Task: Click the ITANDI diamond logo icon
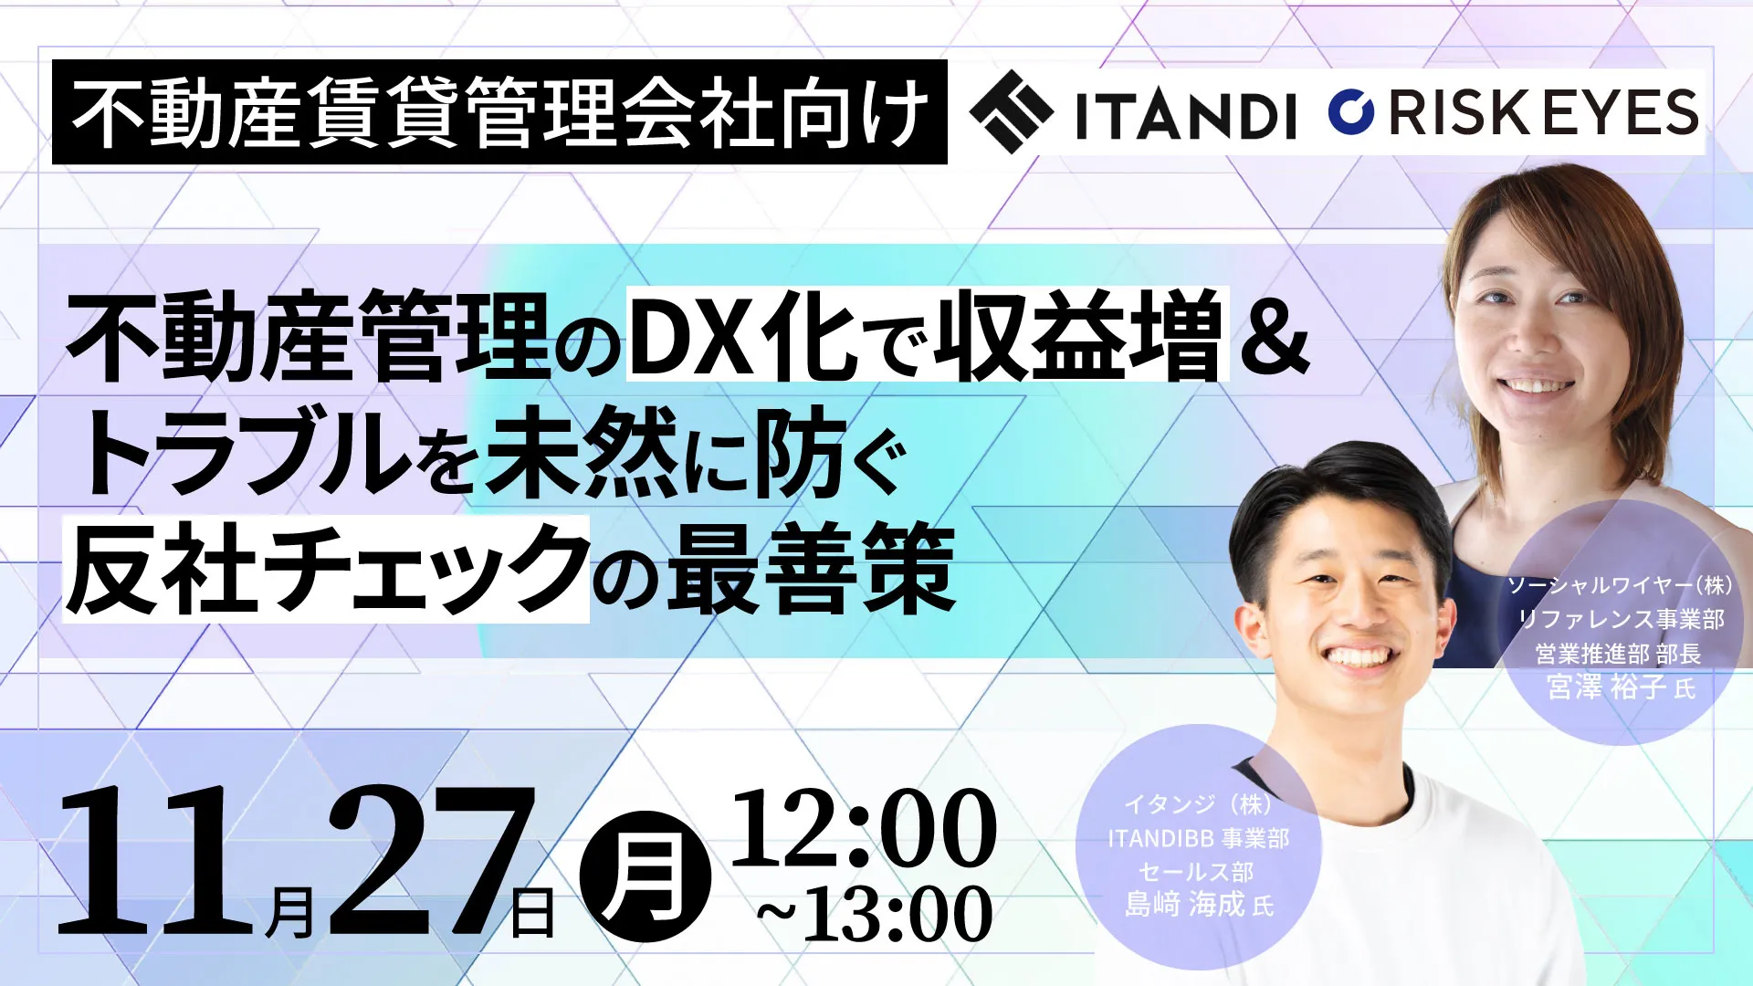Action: pos(1012,111)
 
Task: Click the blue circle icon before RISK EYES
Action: pos(1351,111)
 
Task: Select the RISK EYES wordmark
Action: pos(1543,112)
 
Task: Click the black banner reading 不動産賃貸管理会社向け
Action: pos(499,112)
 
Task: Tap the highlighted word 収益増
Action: pos(1079,334)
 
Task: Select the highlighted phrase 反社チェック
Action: pos(326,569)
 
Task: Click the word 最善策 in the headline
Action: pos(811,569)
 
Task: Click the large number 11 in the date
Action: pos(155,860)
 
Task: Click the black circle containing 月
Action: pos(646,876)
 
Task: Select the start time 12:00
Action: pos(863,828)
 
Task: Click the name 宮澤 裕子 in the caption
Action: pos(1607,687)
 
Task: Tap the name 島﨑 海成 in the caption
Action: pos(1184,904)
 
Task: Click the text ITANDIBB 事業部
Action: pos(1198,838)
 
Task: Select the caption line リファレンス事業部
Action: pos(1621,619)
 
